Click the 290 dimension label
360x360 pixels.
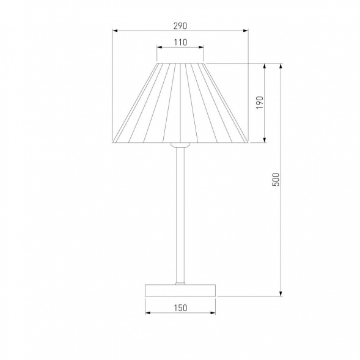pyautogui.click(x=180, y=26)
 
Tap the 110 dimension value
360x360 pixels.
pyautogui.click(x=180, y=42)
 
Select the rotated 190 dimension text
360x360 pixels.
pyautogui.click(x=259, y=103)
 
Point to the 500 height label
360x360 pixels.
pyautogui.click(x=276, y=180)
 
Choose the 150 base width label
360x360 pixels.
pyautogui.click(x=180, y=308)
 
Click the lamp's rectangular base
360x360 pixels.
pyautogui.click(x=180, y=290)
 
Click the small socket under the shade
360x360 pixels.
pyautogui.click(x=180, y=145)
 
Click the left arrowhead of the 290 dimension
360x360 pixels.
pyautogui.click(x=115, y=31)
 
